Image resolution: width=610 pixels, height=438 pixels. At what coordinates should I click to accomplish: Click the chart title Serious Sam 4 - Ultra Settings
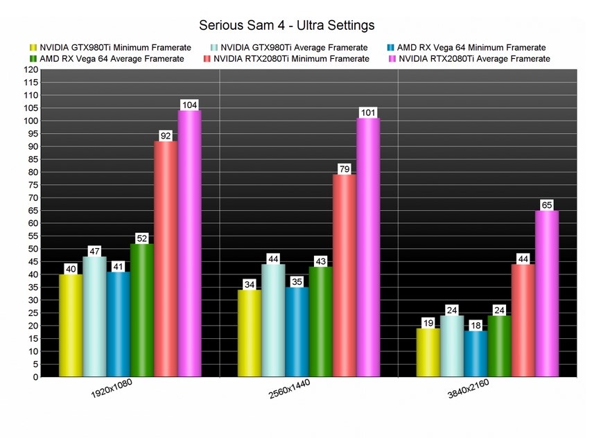pos(287,25)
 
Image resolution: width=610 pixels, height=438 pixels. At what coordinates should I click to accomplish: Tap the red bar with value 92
pos(166,259)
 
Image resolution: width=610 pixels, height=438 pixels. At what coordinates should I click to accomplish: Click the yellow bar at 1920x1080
pos(71,326)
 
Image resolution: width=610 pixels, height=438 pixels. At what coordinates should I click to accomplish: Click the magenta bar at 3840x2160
pos(547,294)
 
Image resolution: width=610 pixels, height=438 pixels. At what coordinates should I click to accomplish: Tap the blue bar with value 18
pos(476,354)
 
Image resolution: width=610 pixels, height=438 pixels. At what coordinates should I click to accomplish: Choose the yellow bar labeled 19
pos(428,353)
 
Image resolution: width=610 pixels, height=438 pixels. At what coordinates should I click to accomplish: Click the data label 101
pos(368,112)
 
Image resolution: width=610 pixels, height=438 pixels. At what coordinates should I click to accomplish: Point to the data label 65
pos(547,205)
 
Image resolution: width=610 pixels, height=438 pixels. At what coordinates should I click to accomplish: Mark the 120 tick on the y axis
pos(31,70)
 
